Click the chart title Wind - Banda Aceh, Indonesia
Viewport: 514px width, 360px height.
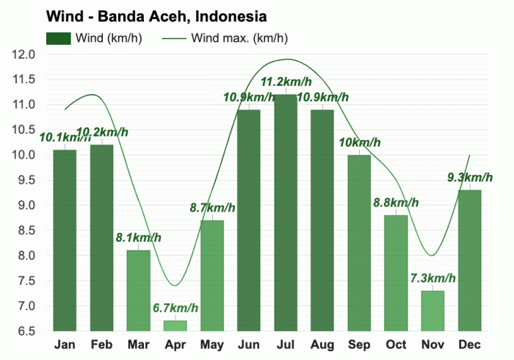156,15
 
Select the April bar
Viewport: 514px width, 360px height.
175,325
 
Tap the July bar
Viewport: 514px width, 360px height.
286,213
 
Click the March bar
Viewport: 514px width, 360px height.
138,290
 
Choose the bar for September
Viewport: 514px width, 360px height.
359,242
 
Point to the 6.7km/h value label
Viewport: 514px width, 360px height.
175,306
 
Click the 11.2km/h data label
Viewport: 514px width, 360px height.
286,81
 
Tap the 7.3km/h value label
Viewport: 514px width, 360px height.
432,278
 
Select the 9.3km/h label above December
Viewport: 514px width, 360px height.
469,177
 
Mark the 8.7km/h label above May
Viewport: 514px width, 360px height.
212,207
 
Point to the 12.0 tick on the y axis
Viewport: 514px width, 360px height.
25,54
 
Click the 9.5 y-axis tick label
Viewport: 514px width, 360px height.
25,180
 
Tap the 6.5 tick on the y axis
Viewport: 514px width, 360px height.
25,331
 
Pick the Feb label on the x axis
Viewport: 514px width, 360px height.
101,345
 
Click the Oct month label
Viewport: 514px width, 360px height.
396,345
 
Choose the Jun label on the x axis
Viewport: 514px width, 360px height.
249,345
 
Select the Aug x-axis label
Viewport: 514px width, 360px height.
322,345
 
